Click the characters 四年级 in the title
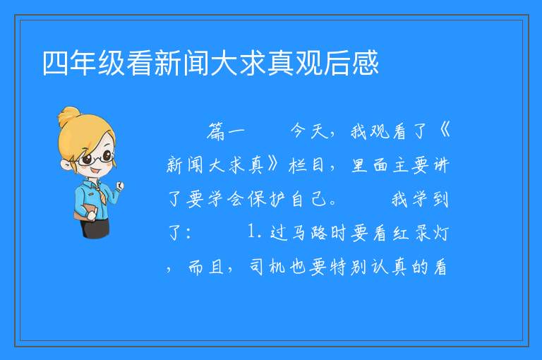[84, 64]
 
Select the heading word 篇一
[226, 132]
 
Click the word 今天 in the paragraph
[309, 131]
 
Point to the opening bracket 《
[444, 131]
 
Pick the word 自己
[309, 199]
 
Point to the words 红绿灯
[421, 233]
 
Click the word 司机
[267, 267]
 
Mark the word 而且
[206, 268]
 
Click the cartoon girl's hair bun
[69, 116]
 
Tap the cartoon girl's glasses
[96, 158]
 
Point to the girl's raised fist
[119, 186]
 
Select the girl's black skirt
[95, 228]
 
